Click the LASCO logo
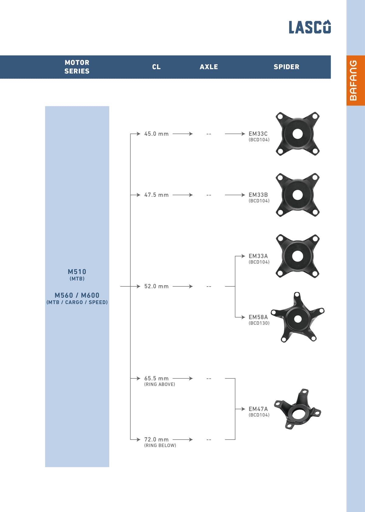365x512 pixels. click(x=310, y=27)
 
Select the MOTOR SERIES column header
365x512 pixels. click(x=77, y=67)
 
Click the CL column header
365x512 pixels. click(x=156, y=67)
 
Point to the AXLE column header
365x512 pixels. click(x=209, y=67)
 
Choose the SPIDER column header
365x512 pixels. click(x=286, y=67)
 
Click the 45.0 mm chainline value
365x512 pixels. click(x=156, y=134)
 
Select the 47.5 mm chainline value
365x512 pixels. click(x=156, y=195)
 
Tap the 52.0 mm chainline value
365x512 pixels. click(x=156, y=286)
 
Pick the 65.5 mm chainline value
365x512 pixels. click(x=156, y=378)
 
